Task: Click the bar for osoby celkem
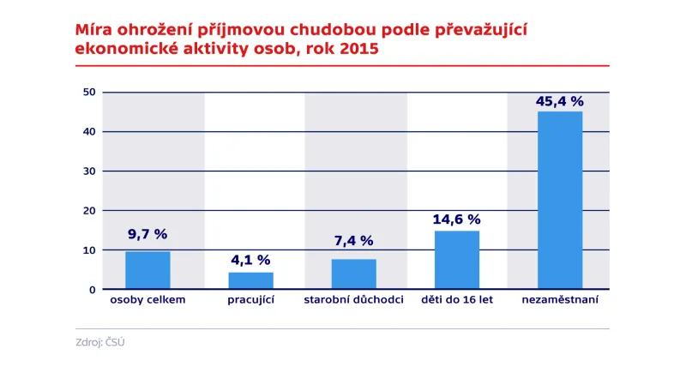[147, 270]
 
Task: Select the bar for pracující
[250, 280]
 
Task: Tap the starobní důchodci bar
[353, 274]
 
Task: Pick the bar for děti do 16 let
[457, 260]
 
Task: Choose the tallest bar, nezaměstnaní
[559, 200]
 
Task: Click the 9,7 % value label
[147, 234]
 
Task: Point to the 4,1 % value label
[250, 259]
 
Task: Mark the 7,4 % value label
[353, 241]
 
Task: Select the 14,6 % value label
[457, 220]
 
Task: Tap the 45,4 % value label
[559, 101]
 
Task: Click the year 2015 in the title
[359, 49]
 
